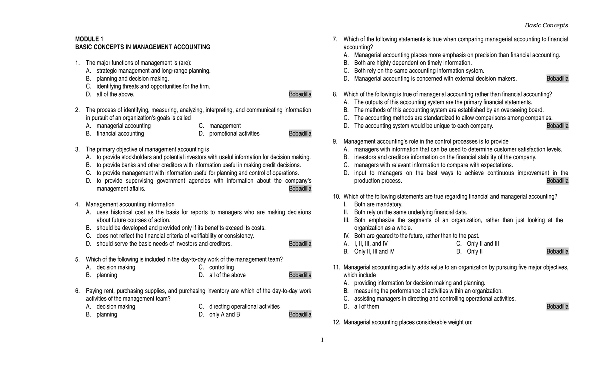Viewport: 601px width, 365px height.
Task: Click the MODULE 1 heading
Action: pos(89,39)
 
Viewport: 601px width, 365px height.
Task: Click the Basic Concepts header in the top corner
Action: pos(546,25)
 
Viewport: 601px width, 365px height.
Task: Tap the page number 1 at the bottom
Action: pos(323,341)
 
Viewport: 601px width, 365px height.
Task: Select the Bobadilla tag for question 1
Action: pos(300,94)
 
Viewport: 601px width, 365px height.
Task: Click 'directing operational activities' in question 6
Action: pos(244,307)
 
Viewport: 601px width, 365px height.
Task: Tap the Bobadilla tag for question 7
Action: pos(557,79)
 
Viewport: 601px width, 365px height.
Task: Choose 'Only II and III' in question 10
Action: pos(483,244)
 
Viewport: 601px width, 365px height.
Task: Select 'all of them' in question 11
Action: pos(366,306)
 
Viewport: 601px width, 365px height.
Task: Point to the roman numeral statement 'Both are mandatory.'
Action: pos(378,204)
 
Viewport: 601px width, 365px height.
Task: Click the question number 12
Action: pos(336,322)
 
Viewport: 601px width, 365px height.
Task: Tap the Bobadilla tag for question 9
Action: pos(557,181)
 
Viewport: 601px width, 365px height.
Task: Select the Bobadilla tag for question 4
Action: pos(300,244)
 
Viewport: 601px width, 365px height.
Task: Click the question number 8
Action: pos(335,94)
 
